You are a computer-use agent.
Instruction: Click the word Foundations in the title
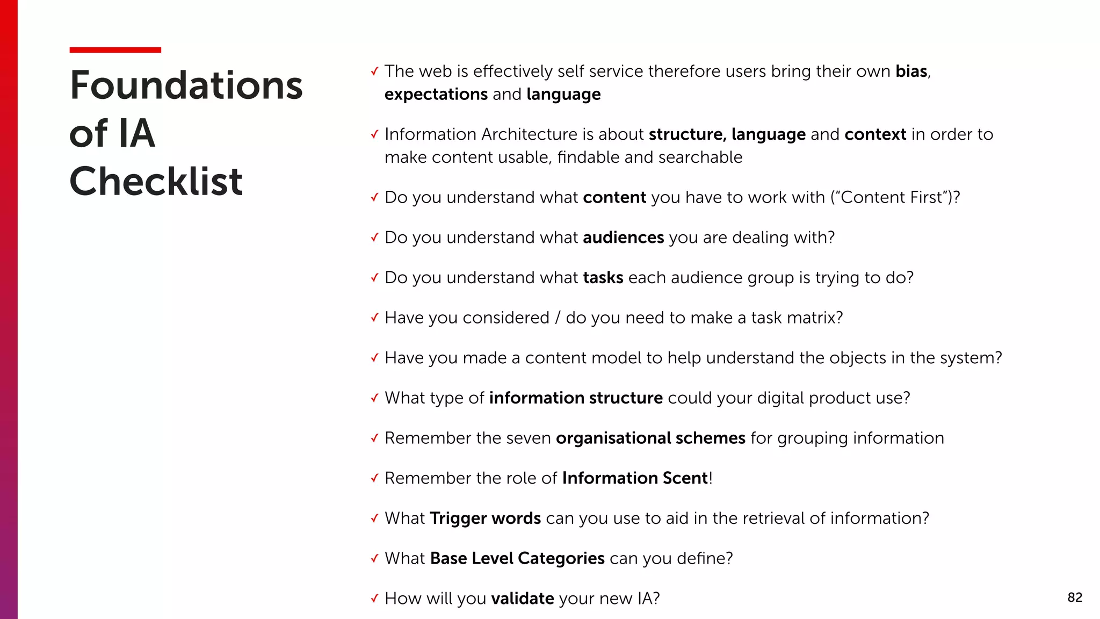(x=186, y=85)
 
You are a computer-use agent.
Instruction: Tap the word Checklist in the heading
(x=156, y=181)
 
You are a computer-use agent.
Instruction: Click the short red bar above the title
(x=115, y=50)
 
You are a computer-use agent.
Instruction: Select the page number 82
(x=1075, y=598)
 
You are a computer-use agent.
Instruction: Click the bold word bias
(x=911, y=71)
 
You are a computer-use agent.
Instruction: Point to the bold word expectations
(x=436, y=95)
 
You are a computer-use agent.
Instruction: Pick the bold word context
(x=875, y=134)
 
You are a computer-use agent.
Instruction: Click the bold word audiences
(x=623, y=237)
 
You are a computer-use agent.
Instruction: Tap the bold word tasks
(x=603, y=278)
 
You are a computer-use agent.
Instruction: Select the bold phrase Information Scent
(x=635, y=478)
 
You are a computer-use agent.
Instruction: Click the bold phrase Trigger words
(x=485, y=519)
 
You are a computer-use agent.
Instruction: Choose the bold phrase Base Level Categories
(x=517, y=559)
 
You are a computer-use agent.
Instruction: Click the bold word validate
(x=522, y=599)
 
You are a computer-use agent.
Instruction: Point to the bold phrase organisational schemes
(x=650, y=438)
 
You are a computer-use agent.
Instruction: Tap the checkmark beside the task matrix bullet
(x=374, y=318)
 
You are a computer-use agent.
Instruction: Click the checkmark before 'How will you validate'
(x=374, y=599)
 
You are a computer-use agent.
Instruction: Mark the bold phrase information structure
(x=575, y=398)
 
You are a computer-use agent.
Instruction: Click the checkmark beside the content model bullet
(x=374, y=358)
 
